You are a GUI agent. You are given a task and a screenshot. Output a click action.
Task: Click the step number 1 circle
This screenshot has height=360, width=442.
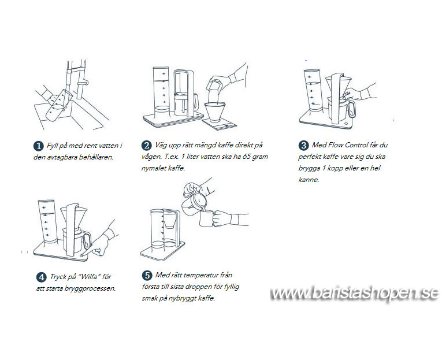tap(38, 146)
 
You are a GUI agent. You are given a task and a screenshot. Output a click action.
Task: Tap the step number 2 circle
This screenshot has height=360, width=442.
tap(146, 146)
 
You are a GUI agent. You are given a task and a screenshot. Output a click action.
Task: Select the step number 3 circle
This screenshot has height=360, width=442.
tap(303, 146)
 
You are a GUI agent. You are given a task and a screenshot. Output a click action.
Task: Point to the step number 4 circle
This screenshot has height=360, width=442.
tap(41, 277)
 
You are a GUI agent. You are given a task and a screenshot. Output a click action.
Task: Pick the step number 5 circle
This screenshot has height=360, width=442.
tap(147, 276)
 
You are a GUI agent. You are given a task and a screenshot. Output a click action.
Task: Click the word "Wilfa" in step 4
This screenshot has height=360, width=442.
tap(88, 277)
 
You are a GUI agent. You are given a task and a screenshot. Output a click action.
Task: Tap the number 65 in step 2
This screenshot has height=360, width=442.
tap(246, 157)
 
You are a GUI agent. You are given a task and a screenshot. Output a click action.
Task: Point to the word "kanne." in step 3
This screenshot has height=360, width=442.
tap(309, 180)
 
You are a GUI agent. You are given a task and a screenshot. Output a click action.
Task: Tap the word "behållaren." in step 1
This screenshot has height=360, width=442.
tap(96, 157)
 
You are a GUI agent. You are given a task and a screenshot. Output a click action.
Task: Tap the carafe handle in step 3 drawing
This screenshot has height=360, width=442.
tap(351, 110)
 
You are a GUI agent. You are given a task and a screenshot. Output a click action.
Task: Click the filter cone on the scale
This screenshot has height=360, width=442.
tap(217, 112)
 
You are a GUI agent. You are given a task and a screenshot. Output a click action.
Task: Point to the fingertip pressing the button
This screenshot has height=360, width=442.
tap(82, 255)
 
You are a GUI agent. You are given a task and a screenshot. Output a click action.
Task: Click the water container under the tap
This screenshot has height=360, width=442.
tap(58, 106)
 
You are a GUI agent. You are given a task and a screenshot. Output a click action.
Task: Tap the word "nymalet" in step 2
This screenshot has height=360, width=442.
tap(153, 168)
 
